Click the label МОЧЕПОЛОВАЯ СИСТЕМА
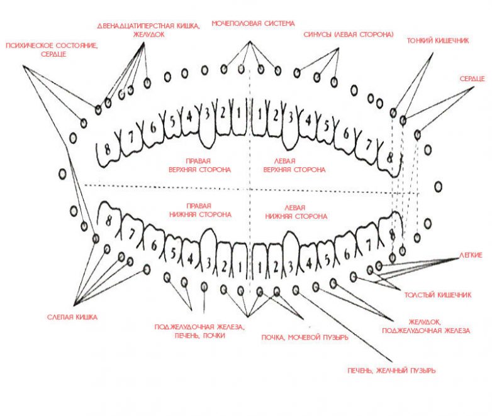[252, 24]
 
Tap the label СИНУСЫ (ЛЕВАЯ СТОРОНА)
[348, 34]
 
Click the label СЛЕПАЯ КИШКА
[73, 317]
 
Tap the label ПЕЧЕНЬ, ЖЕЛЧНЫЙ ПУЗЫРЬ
[391, 371]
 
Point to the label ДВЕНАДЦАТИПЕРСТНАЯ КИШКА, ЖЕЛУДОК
[149, 30]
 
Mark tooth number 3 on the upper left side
[291, 117]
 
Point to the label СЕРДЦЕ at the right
[471, 77]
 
